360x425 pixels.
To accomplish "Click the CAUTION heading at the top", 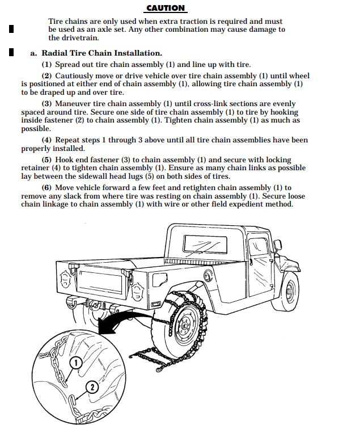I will (x=166, y=8).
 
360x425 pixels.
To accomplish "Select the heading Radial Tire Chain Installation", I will (x=101, y=53).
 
